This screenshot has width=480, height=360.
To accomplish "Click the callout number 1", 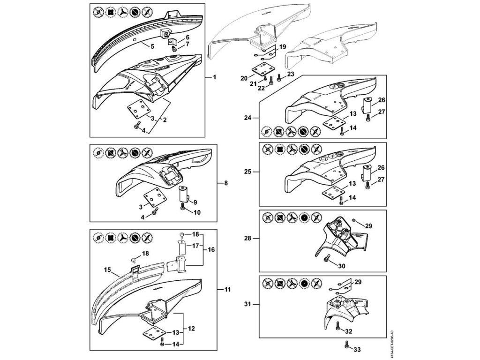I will click(214, 76).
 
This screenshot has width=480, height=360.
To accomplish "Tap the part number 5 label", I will click(152, 46).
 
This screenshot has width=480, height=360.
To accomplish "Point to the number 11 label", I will click(227, 290).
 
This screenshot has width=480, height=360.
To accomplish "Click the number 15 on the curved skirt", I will click(107, 270).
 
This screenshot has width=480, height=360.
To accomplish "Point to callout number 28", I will click(248, 239).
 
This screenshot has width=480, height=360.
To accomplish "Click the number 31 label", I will click(248, 305).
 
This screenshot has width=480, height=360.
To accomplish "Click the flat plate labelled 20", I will click(262, 69).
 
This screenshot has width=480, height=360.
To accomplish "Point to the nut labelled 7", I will click(174, 49).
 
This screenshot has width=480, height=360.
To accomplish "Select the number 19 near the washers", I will click(283, 47).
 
